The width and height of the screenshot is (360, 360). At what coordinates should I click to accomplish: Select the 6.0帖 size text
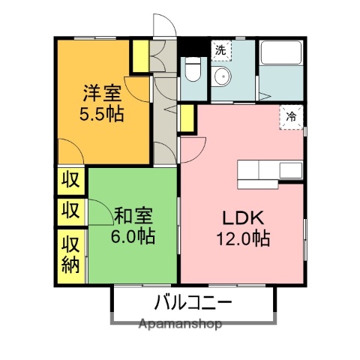(x=134, y=236)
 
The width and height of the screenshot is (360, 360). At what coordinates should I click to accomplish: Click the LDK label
(x=241, y=218)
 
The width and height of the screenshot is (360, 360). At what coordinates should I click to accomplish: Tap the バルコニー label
(x=193, y=303)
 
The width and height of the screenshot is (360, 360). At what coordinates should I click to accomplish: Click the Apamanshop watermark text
(x=181, y=325)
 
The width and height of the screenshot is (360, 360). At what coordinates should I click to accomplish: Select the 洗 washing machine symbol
(x=220, y=50)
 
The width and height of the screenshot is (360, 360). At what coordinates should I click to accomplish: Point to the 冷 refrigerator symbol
(x=291, y=115)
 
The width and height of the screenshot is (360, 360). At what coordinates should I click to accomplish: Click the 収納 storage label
(x=70, y=255)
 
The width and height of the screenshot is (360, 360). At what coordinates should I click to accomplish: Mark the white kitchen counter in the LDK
(x=270, y=172)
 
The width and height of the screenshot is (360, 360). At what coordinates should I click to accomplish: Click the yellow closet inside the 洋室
(x=139, y=55)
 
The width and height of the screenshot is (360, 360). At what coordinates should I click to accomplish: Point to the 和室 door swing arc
(x=100, y=211)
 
